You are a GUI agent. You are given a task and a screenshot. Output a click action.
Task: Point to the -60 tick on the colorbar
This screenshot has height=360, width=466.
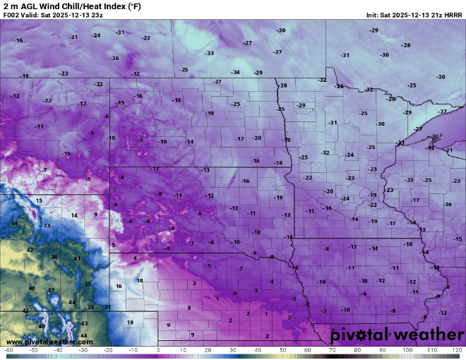pos(8,350)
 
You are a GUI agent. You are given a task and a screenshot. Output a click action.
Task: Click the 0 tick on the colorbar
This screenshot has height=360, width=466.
pos(158,350)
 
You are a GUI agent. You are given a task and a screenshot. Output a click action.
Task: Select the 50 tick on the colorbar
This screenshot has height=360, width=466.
pos(282,350)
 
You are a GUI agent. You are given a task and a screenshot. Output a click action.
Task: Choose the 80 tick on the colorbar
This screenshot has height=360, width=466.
pos(357,350)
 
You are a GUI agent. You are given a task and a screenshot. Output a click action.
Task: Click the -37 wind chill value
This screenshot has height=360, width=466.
pos(442,112)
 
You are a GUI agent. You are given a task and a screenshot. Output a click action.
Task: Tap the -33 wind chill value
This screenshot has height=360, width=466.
pos(209,53)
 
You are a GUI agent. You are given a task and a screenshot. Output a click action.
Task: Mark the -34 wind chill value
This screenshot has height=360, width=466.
pos(235,72)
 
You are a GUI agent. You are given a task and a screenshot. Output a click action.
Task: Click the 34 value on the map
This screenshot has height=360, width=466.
pos(14,224)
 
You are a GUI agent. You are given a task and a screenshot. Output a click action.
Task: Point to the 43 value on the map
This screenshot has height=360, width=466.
pos(84,323)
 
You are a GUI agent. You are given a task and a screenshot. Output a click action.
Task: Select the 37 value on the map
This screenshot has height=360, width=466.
pos(51,290)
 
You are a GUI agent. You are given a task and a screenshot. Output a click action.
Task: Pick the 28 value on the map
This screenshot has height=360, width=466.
pos(90,307)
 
